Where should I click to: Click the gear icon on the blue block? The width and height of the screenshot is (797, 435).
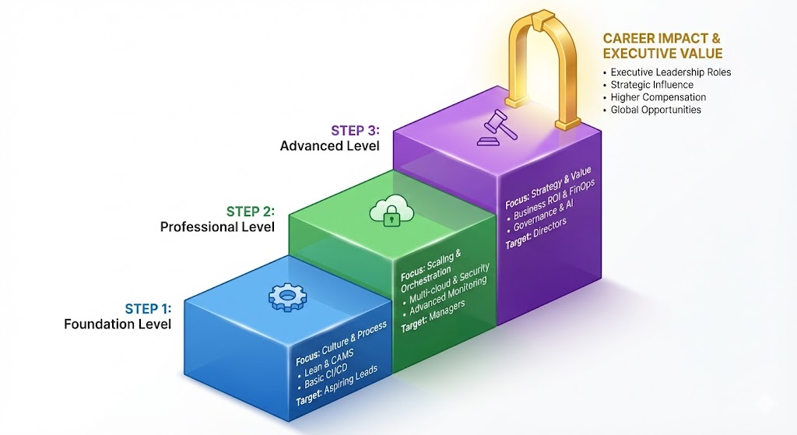point(286,296)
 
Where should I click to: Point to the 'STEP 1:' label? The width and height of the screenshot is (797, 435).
point(148,307)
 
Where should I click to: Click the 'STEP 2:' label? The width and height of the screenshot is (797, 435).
point(250,211)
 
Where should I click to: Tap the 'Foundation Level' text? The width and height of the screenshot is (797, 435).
point(118,324)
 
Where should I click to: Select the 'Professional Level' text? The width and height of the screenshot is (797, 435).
point(217,227)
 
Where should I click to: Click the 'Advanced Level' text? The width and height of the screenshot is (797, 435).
point(329,146)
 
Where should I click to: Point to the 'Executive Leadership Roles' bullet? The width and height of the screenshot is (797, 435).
point(670,72)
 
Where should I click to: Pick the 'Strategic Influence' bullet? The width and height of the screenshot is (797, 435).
point(652,85)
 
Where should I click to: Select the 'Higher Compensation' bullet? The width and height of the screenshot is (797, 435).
point(658,97)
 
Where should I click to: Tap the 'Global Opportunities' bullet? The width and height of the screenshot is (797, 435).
point(655,110)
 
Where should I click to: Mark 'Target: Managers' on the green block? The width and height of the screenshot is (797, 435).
point(433,315)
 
